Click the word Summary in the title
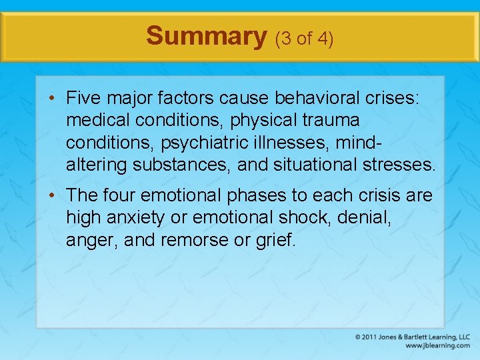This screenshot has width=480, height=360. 206,36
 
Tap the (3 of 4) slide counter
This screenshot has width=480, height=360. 304,38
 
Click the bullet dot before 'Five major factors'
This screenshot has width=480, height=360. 52,99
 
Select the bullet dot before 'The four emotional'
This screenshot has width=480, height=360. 52,196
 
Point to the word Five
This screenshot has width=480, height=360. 84,99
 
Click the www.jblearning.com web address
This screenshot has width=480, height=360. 437,346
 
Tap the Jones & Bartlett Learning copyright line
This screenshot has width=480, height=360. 413,337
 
